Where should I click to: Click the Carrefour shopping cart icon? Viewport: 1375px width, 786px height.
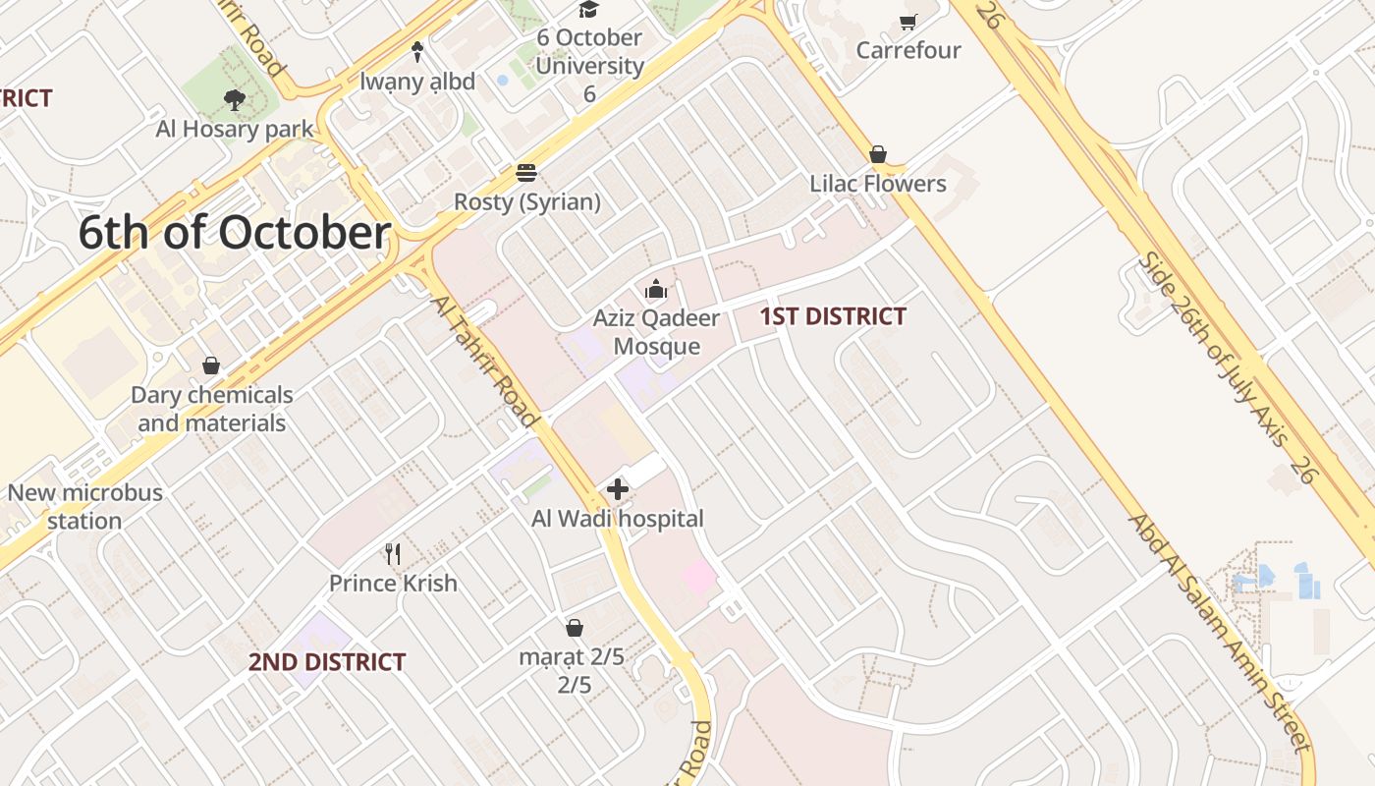pos(908,22)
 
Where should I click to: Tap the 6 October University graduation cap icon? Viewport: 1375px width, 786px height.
pos(588,10)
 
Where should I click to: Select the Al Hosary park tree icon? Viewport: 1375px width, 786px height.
pos(234,99)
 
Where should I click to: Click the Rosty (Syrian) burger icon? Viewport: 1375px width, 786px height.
pos(526,174)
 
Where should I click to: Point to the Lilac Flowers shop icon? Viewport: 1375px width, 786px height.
pos(878,154)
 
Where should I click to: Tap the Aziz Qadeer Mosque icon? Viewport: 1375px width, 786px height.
pos(656,289)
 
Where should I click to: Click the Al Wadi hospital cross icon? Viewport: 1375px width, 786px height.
pos(618,489)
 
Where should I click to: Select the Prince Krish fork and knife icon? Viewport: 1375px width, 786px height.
pos(393,554)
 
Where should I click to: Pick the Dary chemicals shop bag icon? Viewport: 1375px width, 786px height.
pos(211,366)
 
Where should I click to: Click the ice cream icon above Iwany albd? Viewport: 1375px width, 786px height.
pos(417,52)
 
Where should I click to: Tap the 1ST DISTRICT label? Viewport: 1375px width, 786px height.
pos(833,316)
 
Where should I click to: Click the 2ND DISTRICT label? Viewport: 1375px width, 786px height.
pos(326,662)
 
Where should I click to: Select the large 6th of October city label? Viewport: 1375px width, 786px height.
pos(235,233)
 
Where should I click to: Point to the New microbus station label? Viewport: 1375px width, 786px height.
pos(84,506)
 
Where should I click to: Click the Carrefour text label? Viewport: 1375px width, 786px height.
pos(908,50)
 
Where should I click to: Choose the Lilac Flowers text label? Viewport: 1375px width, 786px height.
pos(878,184)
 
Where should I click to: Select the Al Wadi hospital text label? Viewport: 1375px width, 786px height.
pos(618,519)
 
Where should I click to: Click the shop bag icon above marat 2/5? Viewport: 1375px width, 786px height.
pos(575,628)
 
